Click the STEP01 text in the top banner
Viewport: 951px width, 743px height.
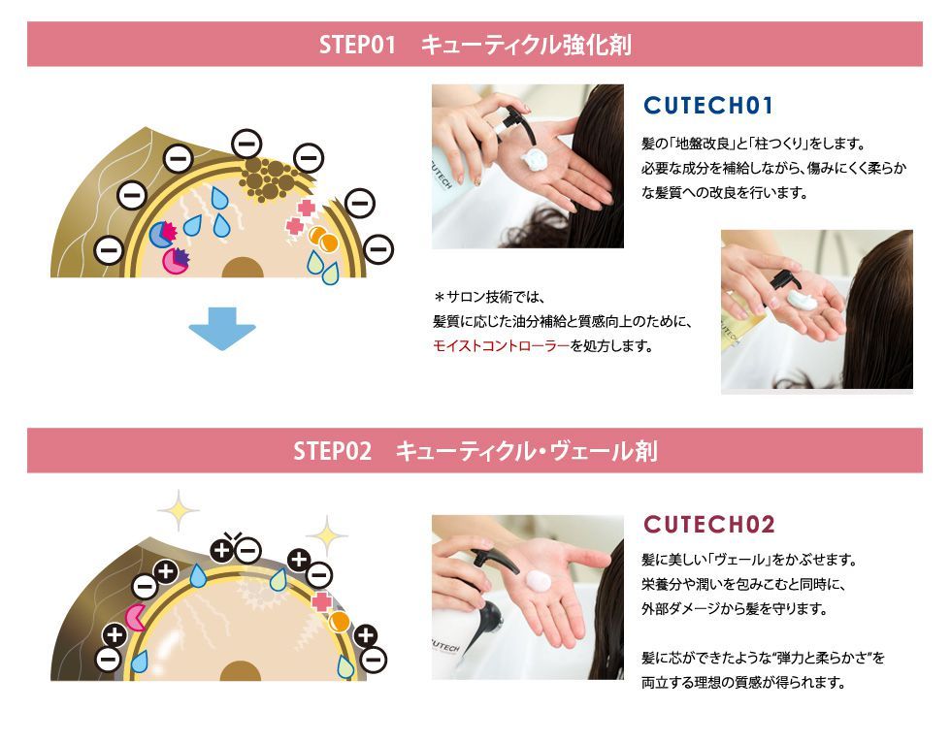[357, 45]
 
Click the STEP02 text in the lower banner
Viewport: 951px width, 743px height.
[332, 451]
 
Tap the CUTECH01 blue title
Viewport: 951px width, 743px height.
[708, 106]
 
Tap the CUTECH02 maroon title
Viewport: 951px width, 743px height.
[709, 524]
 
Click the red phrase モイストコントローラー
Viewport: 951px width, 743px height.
[502, 346]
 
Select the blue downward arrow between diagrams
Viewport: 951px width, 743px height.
[222, 328]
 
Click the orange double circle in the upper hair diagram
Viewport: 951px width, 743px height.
[323, 239]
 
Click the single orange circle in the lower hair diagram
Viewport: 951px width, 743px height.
[339, 622]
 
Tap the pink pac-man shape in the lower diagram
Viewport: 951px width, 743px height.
[135, 616]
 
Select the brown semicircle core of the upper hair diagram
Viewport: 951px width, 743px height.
[243, 268]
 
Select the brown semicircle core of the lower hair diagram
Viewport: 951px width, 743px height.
[241, 671]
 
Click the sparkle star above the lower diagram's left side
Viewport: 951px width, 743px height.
[179, 510]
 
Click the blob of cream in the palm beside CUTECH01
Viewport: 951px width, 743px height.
[535, 161]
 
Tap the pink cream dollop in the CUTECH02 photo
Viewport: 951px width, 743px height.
[538, 580]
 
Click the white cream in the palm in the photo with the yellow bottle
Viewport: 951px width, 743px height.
[803, 299]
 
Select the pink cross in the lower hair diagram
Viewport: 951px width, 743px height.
[321, 601]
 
